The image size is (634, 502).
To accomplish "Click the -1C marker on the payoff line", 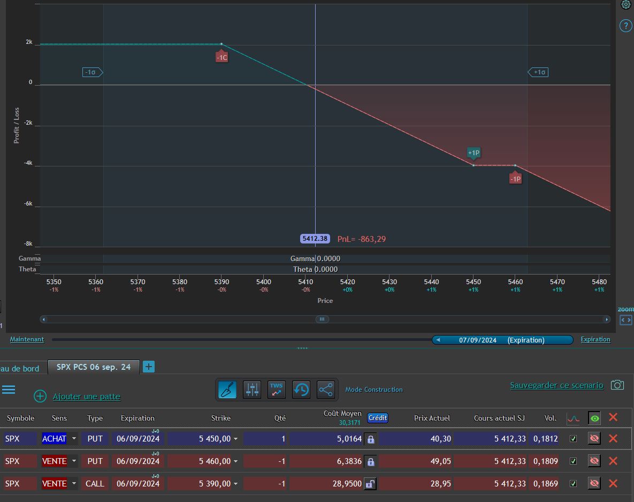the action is tap(221, 57).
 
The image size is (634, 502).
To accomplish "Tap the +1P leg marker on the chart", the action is tap(473, 153).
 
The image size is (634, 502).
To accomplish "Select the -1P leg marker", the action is tap(515, 179).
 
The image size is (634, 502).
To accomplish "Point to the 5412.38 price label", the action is tap(315, 239).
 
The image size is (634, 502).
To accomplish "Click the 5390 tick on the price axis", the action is tap(221, 282).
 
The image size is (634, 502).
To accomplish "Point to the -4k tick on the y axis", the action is tap(28, 163).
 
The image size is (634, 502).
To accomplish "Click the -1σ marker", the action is tap(93, 72).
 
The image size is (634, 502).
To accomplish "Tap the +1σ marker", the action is tap(538, 72).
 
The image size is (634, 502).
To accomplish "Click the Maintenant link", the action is tap(27, 339).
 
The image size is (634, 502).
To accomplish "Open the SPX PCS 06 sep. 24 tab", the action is tap(94, 367).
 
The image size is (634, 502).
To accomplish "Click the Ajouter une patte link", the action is tap(87, 397).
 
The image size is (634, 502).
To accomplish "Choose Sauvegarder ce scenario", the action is tap(556, 385).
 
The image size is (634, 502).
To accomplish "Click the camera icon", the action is tap(617, 385).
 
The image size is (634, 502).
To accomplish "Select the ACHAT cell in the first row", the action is tap(54, 438).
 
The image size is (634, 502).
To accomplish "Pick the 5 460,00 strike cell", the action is tap(215, 461).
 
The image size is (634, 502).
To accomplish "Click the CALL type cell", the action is tap(95, 483).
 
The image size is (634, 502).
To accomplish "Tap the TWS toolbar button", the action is tap(277, 390).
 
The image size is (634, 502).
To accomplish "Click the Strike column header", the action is tap(221, 418).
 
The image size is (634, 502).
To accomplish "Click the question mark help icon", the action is tap(625, 26).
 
